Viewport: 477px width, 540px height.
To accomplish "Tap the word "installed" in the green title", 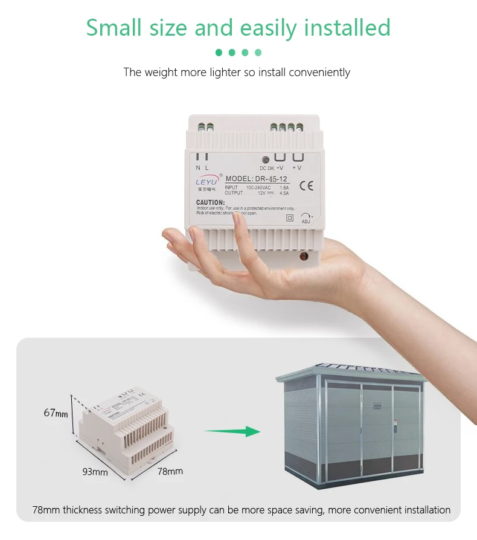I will click(347, 28).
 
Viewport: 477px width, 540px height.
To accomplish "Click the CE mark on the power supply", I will click(306, 185).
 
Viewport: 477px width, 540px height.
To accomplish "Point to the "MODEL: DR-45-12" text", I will click(257, 179).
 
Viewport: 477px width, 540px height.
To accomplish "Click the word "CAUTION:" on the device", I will click(211, 202).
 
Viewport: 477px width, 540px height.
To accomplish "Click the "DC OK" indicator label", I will click(266, 168).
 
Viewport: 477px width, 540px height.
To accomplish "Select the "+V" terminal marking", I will click(297, 167).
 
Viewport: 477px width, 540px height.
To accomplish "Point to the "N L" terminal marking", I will click(202, 167).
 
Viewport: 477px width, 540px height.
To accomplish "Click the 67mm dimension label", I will click(56, 413).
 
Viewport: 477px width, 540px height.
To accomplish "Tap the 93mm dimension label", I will click(95, 472).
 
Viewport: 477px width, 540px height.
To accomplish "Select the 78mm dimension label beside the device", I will click(170, 471).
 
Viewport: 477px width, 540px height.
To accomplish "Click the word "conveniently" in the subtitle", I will click(319, 72).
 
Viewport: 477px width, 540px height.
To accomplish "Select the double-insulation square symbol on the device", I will click(289, 217).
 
